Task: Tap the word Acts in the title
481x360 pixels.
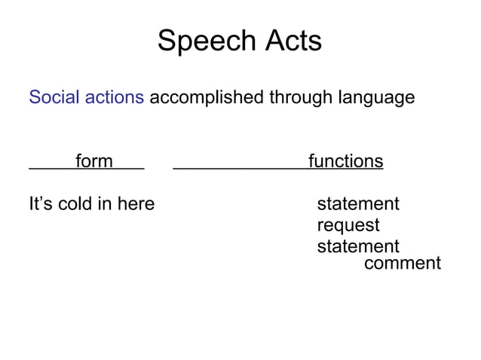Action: click(x=290, y=41)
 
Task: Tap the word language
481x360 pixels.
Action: click(x=378, y=98)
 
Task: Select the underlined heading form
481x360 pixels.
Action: click(x=93, y=161)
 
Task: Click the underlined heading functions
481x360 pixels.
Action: click(x=345, y=161)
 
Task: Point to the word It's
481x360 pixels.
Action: click(x=41, y=203)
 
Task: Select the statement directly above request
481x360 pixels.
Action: click(x=357, y=204)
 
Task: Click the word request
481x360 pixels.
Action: click(x=348, y=225)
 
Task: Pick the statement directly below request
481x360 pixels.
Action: click(x=357, y=246)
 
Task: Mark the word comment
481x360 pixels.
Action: click(x=402, y=263)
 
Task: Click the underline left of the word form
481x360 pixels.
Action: click(x=51, y=169)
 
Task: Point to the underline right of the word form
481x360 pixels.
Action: click(x=128, y=169)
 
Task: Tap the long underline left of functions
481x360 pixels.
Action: click(x=240, y=169)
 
